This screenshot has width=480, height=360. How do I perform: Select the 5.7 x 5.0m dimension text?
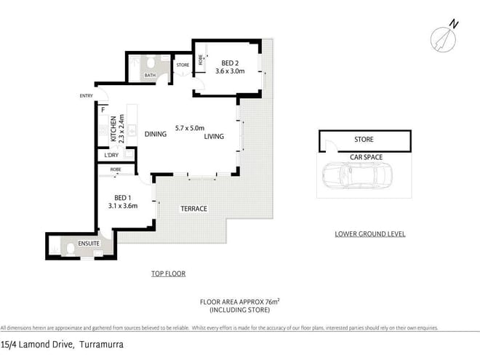[190, 128]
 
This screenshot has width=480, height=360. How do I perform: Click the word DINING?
[156, 135]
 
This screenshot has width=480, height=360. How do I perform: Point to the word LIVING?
[214, 137]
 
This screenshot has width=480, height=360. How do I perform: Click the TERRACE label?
[194, 209]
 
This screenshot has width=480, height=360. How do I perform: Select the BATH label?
[150, 75]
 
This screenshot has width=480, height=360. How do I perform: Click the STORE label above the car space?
[364, 139]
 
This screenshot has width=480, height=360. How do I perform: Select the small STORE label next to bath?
[183, 65]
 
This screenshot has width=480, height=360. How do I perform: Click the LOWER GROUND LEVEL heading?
[369, 234]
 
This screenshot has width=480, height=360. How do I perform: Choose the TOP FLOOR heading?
[168, 274]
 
